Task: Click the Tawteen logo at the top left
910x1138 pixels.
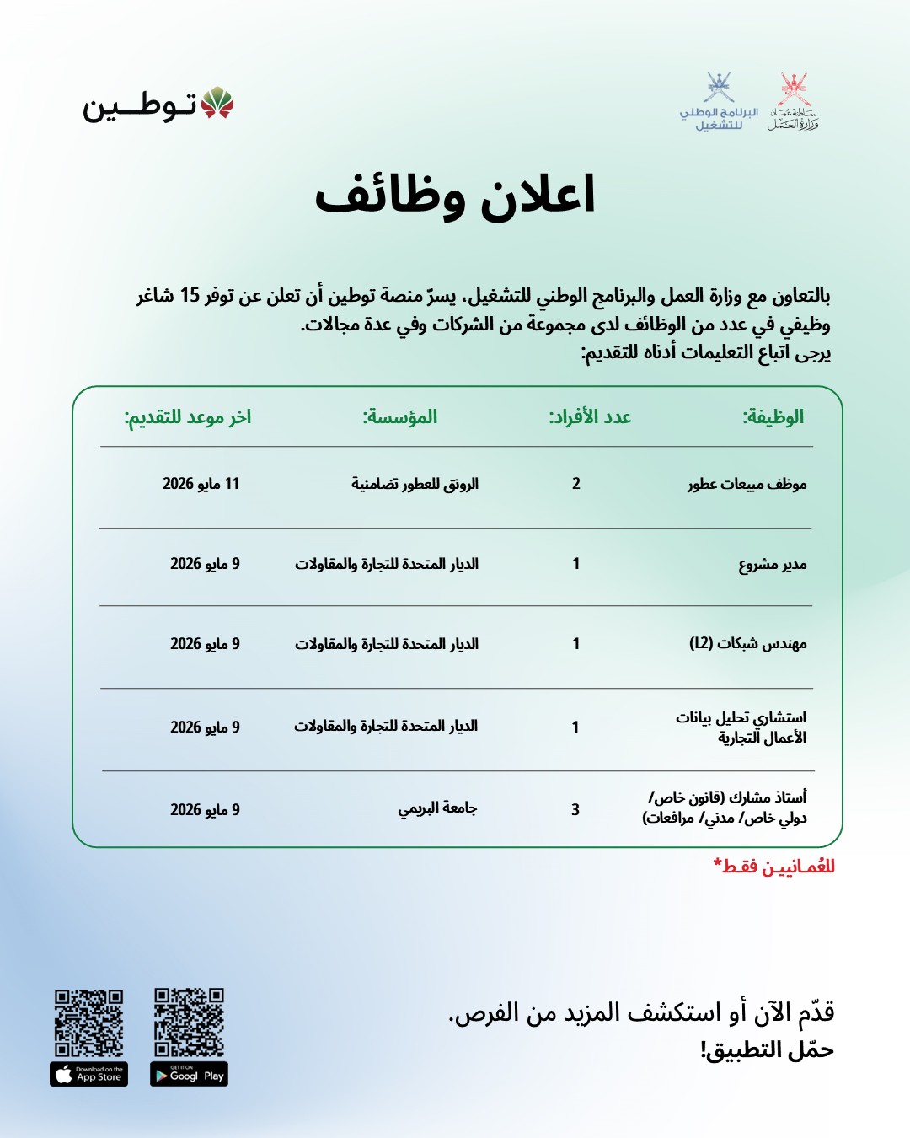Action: pyautogui.click(x=158, y=105)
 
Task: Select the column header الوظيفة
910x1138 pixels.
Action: pyautogui.click(x=773, y=416)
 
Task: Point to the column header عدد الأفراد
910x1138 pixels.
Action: pyautogui.click(x=590, y=416)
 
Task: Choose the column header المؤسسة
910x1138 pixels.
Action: pyautogui.click(x=400, y=416)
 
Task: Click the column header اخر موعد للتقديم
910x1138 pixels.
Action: pyautogui.click(x=188, y=416)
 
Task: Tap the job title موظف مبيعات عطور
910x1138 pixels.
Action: pyautogui.click(x=747, y=484)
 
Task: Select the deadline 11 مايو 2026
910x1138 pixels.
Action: pyautogui.click(x=201, y=484)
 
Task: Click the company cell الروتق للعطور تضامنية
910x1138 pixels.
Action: pyautogui.click(x=415, y=484)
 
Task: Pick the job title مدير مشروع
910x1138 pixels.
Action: pyautogui.click(x=772, y=564)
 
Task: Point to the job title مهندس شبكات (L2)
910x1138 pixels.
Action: pyautogui.click(x=747, y=644)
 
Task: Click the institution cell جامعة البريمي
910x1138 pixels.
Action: pyautogui.click(x=437, y=808)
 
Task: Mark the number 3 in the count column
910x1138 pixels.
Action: pyautogui.click(x=575, y=809)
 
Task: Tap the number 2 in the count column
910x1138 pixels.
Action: pyautogui.click(x=576, y=484)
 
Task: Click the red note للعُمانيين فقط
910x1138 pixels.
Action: pyautogui.click(x=773, y=867)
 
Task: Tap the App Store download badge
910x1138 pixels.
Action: pyautogui.click(x=88, y=1074)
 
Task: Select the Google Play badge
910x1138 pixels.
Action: pyautogui.click(x=190, y=1074)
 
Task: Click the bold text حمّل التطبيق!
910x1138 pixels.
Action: pyautogui.click(x=766, y=1050)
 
